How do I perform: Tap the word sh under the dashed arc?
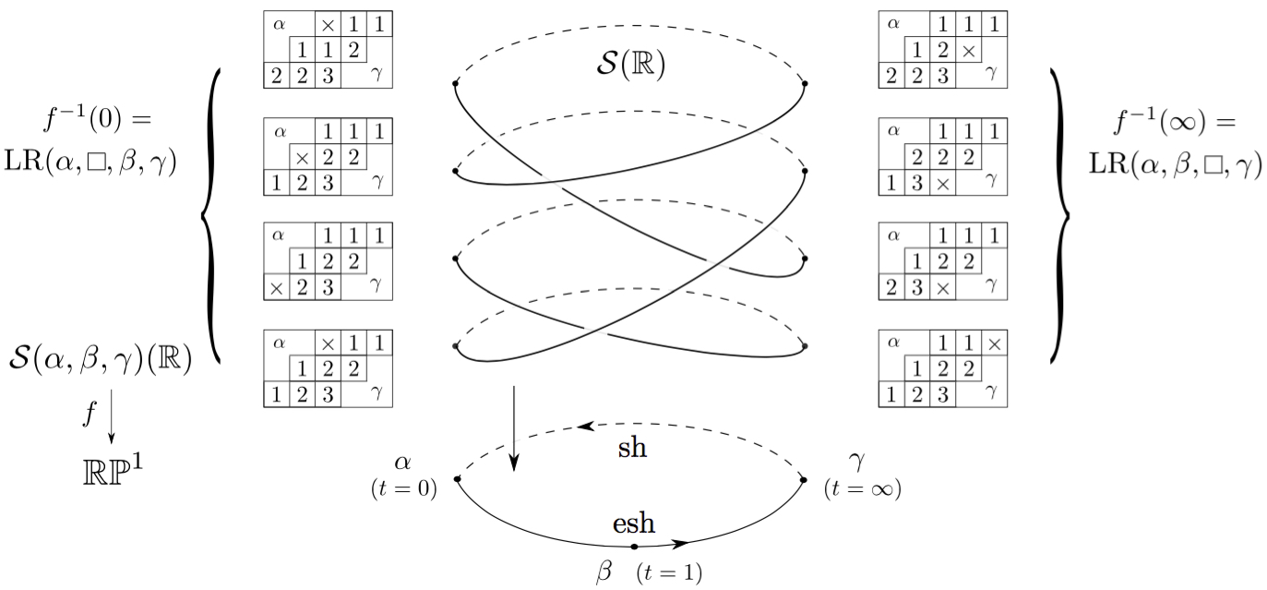pos(632,449)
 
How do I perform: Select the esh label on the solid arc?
pos(634,524)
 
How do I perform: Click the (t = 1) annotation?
pos(669,573)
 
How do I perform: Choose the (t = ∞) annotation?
pos(862,489)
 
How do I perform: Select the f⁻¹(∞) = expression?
pos(1176,121)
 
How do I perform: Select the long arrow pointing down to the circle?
pos(513,430)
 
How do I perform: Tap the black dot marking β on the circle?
pos(634,548)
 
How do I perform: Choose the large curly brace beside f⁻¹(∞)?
pos(1059,214)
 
